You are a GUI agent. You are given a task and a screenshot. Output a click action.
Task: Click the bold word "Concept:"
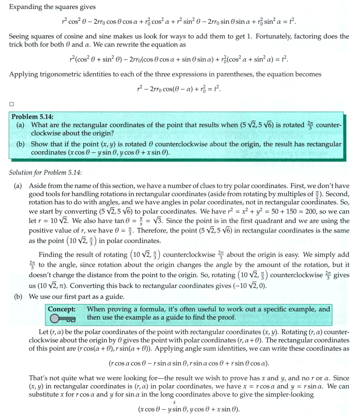point(62,309)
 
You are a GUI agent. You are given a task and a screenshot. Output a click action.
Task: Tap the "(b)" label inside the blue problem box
point(21,144)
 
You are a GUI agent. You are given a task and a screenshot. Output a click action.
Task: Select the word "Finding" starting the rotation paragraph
point(51,255)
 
